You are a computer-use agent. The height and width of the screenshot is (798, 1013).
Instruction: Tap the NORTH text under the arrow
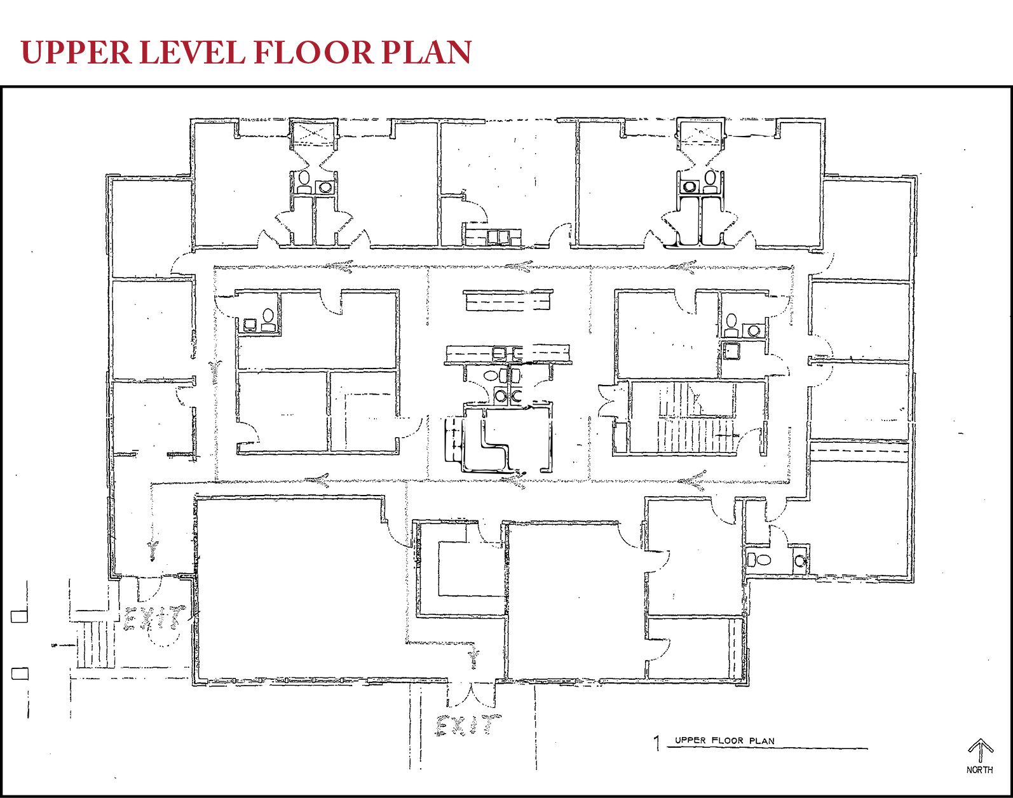[979, 770]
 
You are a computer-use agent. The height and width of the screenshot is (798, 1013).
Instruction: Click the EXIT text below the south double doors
[468, 726]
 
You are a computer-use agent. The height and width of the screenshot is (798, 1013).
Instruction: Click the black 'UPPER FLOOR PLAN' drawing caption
[724, 741]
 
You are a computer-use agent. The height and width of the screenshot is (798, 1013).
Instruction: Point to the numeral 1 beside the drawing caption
[657, 743]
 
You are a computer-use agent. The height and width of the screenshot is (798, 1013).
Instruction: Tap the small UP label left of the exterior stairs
[54, 646]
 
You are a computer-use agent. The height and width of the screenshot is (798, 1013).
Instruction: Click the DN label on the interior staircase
[735, 435]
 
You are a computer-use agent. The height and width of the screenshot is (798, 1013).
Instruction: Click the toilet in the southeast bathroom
[759, 560]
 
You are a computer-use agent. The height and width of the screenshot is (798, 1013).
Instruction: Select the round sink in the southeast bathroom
[799, 561]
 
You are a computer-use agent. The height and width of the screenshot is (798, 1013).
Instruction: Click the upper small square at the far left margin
[19, 616]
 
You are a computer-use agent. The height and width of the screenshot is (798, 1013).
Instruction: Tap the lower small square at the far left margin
[20, 673]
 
